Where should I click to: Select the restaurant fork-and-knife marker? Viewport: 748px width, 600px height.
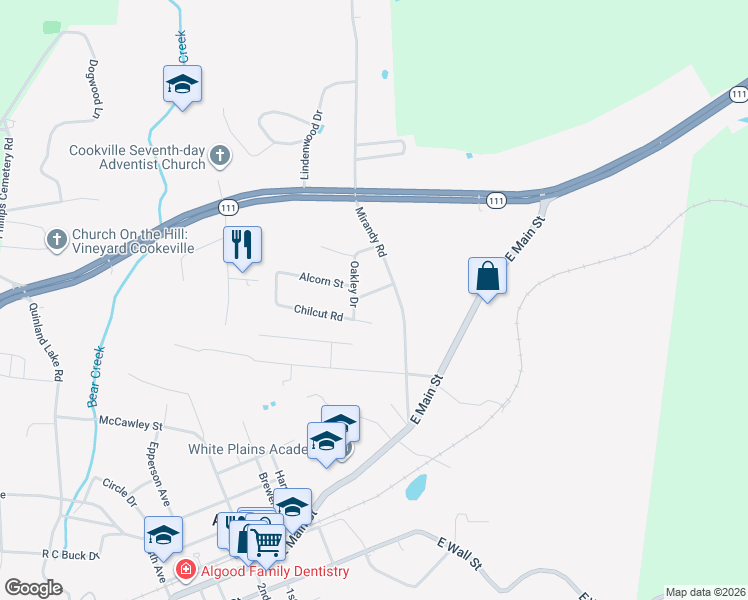[241, 245]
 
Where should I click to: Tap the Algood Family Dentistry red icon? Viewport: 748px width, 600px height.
[185, 571]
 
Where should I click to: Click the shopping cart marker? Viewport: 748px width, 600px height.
[265, 541]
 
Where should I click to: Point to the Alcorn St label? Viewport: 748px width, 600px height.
[321, 279]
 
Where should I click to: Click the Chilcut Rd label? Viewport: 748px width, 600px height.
[319, 314]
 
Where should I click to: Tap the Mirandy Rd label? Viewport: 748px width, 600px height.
[371, 232]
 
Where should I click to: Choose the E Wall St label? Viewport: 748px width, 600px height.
[460, 552]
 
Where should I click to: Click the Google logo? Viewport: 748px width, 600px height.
[34, 587]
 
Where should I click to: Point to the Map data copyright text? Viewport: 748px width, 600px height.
[705, 592]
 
